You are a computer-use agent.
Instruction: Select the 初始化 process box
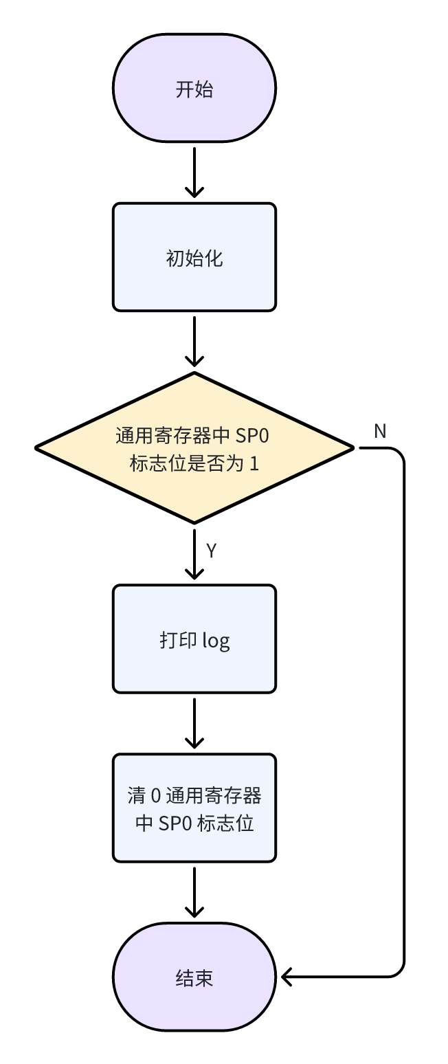click(x=194, y=258)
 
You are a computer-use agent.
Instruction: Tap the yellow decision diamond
click(x=194, y=448)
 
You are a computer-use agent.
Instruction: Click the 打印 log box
click(x=194, y=639)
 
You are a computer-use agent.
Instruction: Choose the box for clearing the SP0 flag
click(x=194, y=808)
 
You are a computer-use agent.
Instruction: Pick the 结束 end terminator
click(x=194, y=977)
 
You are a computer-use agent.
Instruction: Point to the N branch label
click(x=380, y=431)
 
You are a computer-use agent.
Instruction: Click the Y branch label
click(x=212, y=551)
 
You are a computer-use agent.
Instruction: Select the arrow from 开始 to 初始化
click(x=194, y=172)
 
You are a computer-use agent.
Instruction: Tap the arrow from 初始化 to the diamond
click(x=194, y=341)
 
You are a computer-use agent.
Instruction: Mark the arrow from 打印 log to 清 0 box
click(x=194, y=722)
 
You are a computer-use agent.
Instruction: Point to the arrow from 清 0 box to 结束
click(x=194, y=891)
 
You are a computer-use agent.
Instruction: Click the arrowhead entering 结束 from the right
click(x=287, y=976)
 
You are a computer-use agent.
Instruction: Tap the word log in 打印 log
click(x=216, y=641)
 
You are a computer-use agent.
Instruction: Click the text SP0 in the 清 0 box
click(x=175, y=823)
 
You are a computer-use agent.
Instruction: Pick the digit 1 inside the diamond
click(x=254, y=463)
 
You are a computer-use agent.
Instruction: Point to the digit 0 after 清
click(x=155, y=796)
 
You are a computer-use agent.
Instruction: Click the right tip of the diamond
click(x=352, y=448)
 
